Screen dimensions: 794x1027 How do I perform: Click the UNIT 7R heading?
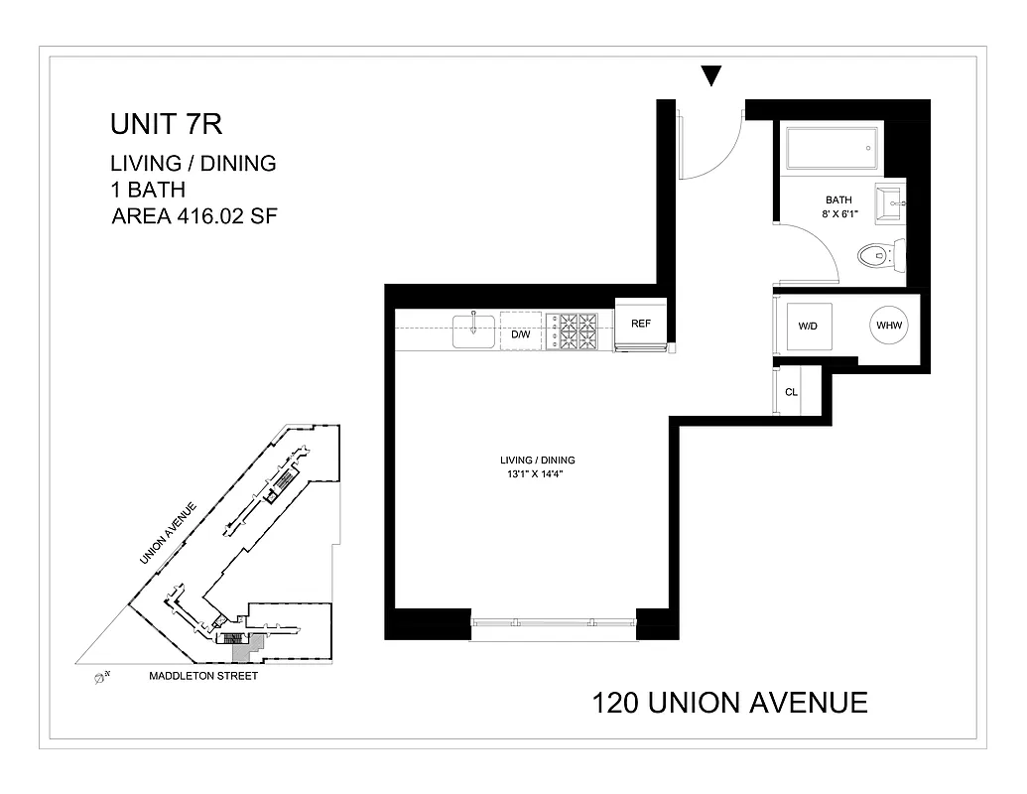[166, 126]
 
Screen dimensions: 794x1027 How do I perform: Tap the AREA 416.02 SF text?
[194, 215]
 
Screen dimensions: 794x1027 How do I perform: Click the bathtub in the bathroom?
[831, 147]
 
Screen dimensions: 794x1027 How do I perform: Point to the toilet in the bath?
[880, 256]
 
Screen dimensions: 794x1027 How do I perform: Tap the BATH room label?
[839, 198]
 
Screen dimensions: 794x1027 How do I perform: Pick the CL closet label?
[791, 392]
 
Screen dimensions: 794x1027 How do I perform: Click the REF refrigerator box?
[641, 324]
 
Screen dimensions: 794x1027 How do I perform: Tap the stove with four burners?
[576, 331]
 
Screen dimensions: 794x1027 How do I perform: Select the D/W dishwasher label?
[521, 334]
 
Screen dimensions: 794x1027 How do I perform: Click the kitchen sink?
[474, 331]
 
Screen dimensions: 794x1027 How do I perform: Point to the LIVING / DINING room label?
[537, 461]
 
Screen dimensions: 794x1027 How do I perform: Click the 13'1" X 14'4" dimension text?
[537, 473]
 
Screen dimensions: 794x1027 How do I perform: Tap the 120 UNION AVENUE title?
[729, 703]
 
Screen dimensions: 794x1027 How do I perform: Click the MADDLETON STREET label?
[203, 676]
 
